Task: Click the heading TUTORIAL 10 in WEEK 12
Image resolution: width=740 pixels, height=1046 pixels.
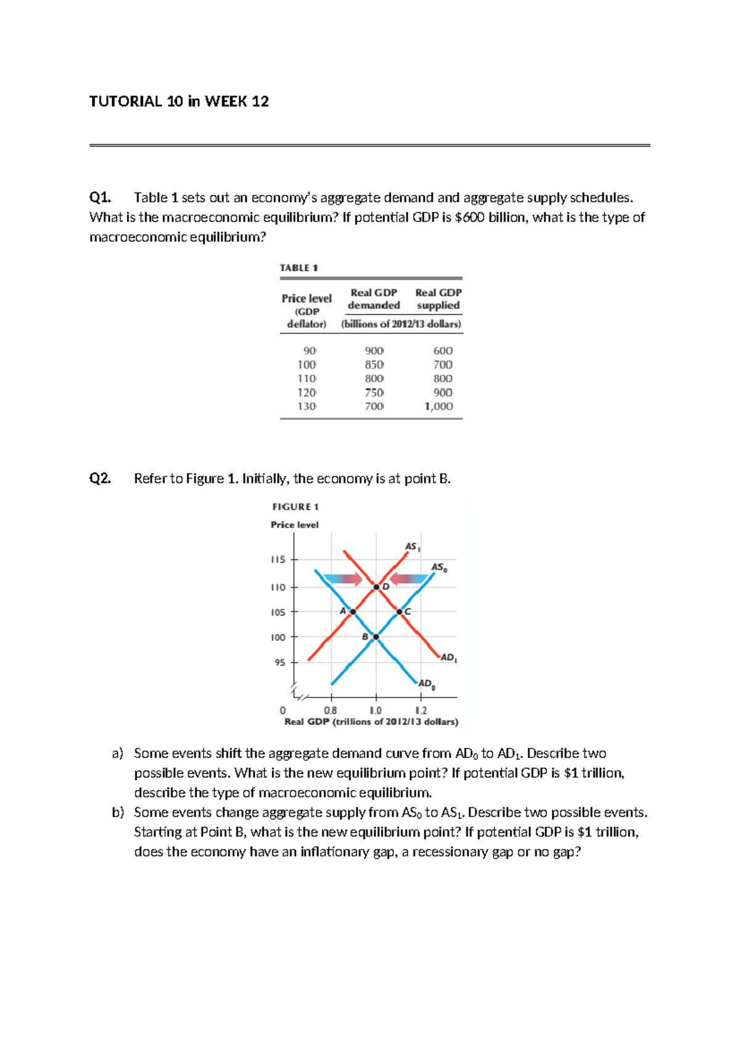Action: coord(179,101)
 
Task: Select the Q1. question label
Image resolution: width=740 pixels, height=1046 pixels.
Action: coord(100,197)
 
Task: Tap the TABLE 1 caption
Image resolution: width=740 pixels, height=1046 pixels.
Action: coord(298,268)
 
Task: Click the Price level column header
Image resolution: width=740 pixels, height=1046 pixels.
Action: coord(306,299)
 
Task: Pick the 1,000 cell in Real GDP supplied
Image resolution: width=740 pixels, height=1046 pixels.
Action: coord(438,406)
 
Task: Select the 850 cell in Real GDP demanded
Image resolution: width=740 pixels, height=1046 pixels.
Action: coord(374,364)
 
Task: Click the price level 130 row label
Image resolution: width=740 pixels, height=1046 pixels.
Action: coord(306,406)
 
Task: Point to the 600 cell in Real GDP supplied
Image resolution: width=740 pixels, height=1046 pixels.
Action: coord(443,350)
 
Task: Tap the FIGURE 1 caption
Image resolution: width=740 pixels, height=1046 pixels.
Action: coord(295,506)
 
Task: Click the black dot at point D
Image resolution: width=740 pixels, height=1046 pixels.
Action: coord(376,587)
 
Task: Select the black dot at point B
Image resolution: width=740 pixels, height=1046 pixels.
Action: coord(376,636)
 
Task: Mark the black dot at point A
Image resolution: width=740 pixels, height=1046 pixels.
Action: coord(353,612)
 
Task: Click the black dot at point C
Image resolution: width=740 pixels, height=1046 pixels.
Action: coord(400,612)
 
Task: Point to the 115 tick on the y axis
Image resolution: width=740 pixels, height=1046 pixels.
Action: coord(278,559)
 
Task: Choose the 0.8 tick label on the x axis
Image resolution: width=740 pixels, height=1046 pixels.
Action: coord(331,710)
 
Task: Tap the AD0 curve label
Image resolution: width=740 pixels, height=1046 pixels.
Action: coord(426,684)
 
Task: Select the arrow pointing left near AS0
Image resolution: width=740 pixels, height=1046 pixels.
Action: coord(409,579)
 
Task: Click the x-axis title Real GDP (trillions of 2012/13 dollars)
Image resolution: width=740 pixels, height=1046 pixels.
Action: coord(371,722)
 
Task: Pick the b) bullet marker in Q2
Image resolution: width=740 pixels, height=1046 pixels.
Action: coord(118,812)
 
